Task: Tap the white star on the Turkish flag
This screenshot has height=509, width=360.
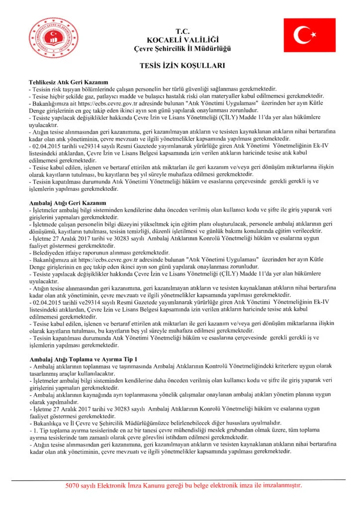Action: point(313,35)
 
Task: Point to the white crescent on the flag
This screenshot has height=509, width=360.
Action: point(301,35)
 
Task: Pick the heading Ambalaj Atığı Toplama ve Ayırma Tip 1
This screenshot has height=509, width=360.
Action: point(83,359)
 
